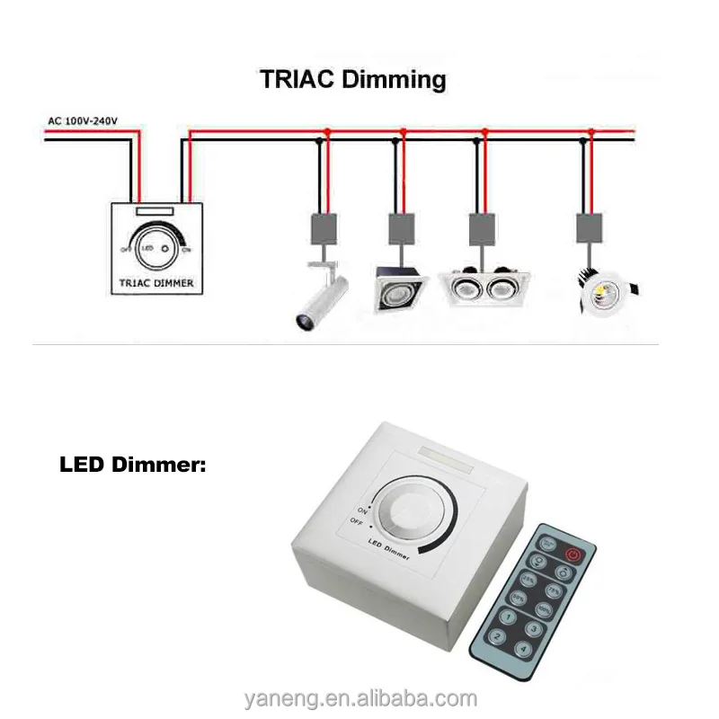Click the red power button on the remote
pyautogui.click(x=573, y=555)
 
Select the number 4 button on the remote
pyautogui.click(x=523, y=649)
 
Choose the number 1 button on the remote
pyautogui.click(x=508, y=617)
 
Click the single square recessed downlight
pyautogui.click(x=397, y=287)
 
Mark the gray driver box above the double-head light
pyautogui.click(x=482, y=229)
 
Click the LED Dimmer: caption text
pyautogui.click(x=133, y=466)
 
